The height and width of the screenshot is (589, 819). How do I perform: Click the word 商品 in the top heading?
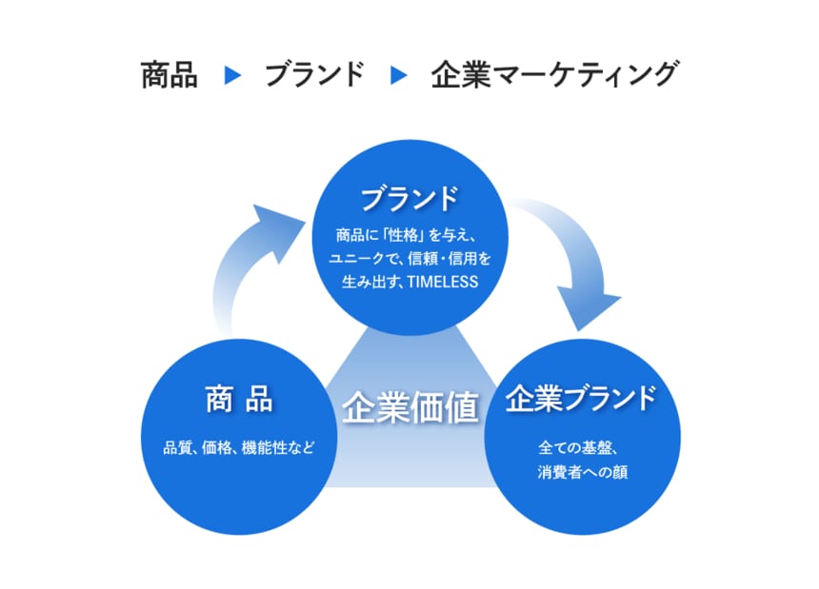click(x=169, y=75)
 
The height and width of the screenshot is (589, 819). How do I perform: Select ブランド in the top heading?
click(x=314, y=75)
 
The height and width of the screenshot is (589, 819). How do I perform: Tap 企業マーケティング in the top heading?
click(x=554, y=75)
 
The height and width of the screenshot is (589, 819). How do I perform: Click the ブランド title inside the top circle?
click(x=409, y=200)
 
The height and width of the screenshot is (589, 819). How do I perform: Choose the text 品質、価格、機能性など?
click(x=238, y=446)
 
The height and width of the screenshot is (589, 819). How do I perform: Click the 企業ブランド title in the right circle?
click(x=581, y=399)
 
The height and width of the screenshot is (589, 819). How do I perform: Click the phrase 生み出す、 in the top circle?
click(x=372, y=283)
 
